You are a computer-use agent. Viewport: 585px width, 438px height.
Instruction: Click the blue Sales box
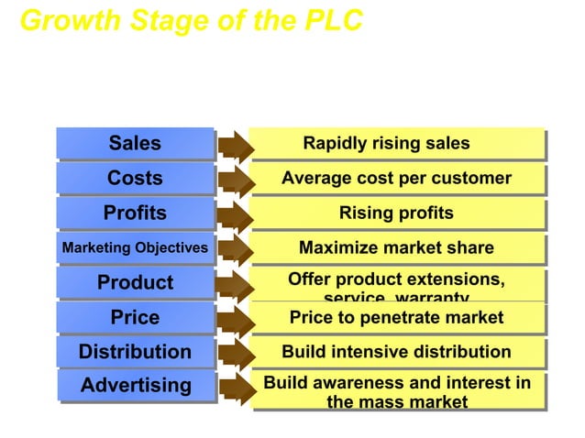[x=135, y=143]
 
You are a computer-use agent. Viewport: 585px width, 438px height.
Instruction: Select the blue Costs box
[x=135, y=178]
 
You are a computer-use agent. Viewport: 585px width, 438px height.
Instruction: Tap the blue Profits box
[x=135, y=213]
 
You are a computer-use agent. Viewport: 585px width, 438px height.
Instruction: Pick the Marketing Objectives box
[x=135, y=247]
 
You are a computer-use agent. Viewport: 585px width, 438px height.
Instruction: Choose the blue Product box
[x=135, y=282]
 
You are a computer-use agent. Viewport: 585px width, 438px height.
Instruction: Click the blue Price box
[x=135, y=317]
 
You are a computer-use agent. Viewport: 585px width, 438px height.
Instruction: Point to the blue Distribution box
[x=135, y=352]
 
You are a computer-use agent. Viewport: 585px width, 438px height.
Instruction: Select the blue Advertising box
[x=135, y=386]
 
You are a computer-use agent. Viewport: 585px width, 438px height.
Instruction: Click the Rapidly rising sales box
[x=396, y=143]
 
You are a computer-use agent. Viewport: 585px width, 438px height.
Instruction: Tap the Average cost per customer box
[x=396, y=178]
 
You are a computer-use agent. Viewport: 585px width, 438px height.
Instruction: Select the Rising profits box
[x=396, y=213]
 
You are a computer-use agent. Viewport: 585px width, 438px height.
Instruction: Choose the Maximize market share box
[x=396, y=247]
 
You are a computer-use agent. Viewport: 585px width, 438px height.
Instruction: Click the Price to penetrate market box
[x=396, y=317]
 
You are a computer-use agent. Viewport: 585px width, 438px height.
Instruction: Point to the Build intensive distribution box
[x=396, y=352]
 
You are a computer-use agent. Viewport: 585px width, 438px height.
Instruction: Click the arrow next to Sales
[x=236, y=145]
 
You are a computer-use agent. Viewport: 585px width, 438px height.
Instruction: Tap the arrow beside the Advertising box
[x=236, y=387]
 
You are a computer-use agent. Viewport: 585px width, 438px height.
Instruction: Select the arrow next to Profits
[x=236, y=214]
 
